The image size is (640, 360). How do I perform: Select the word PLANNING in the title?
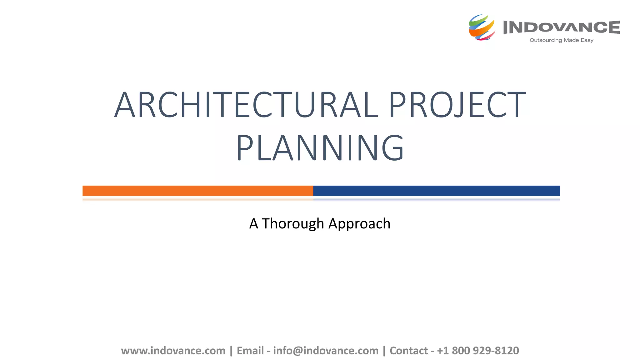(x=320, y=148)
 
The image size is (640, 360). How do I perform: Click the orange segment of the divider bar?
(x=197, y=191)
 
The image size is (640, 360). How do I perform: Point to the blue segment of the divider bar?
(x=436, y=191)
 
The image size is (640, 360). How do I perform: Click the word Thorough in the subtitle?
(x=293, y=224)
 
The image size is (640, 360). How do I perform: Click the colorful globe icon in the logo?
(x=482, y=27)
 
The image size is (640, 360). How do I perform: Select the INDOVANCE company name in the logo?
(x=561, y=27)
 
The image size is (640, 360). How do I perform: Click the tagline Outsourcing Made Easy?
(x=561, y=40)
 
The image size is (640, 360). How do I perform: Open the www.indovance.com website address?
(x=173, y=351)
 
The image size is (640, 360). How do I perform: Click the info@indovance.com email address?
(x=326, y=351)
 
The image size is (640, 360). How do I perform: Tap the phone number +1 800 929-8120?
(x=478, y=351)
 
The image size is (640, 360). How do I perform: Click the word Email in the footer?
(x=250, y=351)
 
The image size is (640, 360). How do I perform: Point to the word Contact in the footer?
(x=408, y=351)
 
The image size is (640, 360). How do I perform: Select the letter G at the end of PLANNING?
(x=393, y=148)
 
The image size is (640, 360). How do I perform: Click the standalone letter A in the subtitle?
(x=253, y=224)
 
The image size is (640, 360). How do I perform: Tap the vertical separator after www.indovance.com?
(x=231, y=351)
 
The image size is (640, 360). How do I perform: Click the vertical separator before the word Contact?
(x=384, y=351)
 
